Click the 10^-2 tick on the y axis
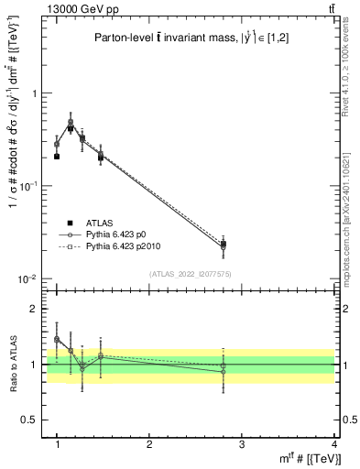point(29,279)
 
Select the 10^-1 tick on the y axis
point(29,186)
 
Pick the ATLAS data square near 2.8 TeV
point(224,244)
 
